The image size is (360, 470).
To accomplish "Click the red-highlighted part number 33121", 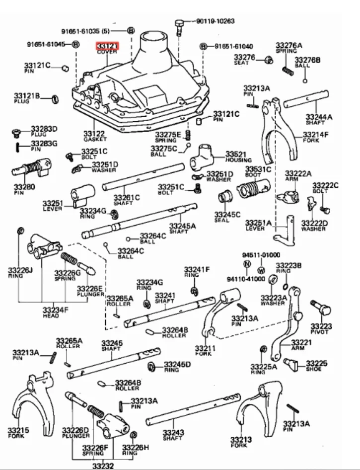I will click(107, 46).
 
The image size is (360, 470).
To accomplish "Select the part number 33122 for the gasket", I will click(94, 134).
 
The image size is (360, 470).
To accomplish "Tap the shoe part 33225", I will click(292, 367).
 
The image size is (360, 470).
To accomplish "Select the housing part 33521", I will click(202, 157).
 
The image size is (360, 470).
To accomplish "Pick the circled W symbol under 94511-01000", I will click(261, 270).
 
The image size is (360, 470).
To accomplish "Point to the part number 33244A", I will click(319, 117).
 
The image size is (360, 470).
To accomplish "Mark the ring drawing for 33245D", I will click(151, 367).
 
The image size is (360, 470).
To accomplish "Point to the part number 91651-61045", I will click(46, 44).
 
